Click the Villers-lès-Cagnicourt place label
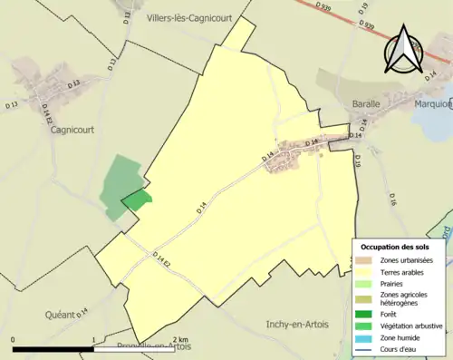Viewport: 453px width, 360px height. click(x=191, y=17)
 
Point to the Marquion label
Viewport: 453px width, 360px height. click(x=434, y=102)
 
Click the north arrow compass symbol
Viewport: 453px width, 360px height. click(x=404, y=48)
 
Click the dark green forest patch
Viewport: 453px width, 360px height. click(x=136, y=200)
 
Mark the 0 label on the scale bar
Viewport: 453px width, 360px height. click(x=14, y=339)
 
